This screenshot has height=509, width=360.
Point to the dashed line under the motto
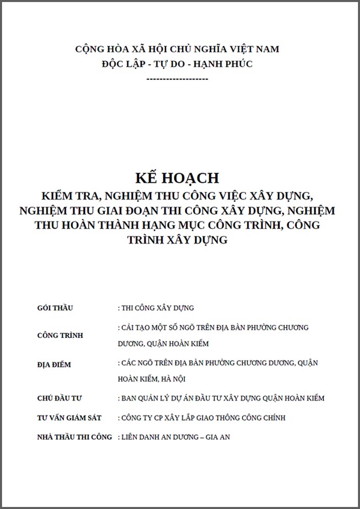tap(177, 79)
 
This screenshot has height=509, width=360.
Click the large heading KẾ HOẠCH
tap(177, 178)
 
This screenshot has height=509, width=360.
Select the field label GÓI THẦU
tap(56, 308)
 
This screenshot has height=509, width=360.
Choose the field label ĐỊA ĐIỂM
tap(54, 365)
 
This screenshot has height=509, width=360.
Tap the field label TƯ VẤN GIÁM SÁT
tap(70, 418)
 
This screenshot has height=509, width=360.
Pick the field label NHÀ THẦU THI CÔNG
tap(75, 437)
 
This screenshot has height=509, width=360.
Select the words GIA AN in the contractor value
tap(218, 437)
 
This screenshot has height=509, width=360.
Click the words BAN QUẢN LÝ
tap(144, 398)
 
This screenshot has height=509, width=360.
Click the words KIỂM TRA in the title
tap(67, 195)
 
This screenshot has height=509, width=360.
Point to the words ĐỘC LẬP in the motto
tap(123, 64)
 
